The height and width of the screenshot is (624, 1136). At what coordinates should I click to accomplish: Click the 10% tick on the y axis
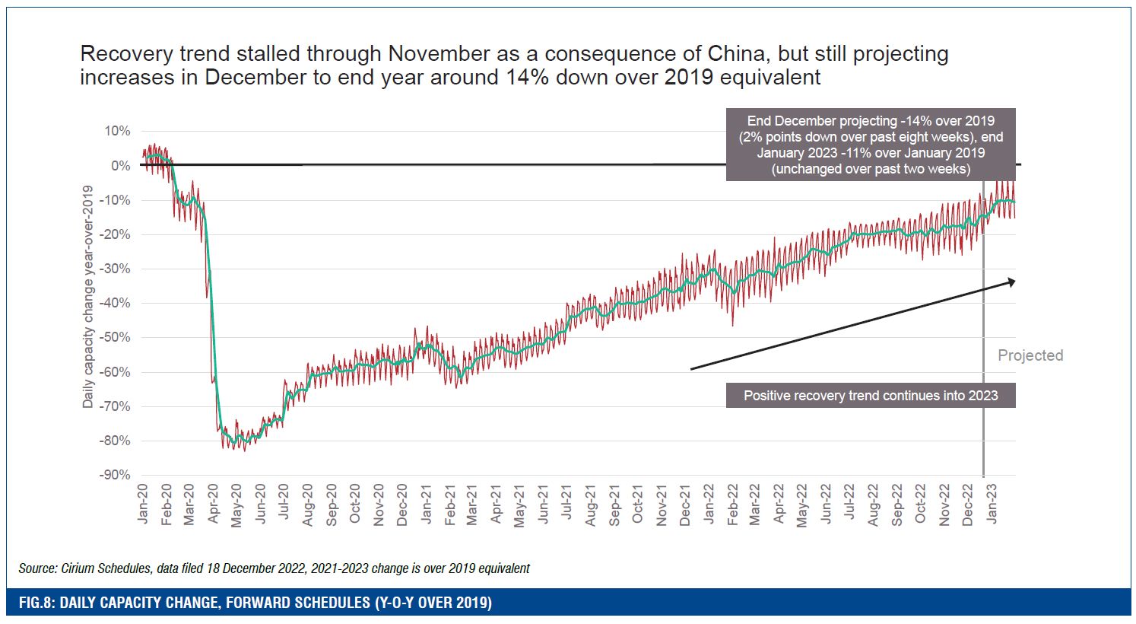point(117,132)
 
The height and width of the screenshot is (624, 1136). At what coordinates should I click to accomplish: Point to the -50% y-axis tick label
point(115,338)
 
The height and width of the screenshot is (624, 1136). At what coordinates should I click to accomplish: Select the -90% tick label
point(115,475)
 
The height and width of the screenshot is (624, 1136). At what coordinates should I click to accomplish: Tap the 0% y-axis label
point(120,166)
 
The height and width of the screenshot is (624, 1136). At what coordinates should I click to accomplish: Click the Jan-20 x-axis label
point(144,504)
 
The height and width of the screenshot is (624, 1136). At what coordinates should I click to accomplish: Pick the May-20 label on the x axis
point(237,505)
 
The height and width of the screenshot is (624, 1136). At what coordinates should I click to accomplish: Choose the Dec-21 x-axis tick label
point(685,505)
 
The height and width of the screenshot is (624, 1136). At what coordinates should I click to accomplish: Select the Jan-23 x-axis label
point(992,504)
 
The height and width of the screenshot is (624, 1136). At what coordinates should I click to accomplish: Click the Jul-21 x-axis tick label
point(567,503)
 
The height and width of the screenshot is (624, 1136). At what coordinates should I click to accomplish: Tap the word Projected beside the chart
point(1030,355)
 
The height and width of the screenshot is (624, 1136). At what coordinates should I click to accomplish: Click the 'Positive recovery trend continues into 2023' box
point(871,396)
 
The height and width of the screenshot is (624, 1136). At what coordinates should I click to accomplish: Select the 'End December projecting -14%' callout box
point(871,145)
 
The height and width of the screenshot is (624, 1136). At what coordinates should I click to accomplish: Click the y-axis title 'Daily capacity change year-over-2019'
point(88,297)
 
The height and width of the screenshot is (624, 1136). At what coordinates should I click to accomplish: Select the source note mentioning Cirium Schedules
point(274,568)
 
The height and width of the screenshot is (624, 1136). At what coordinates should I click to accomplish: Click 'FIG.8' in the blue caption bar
point(36,603)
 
